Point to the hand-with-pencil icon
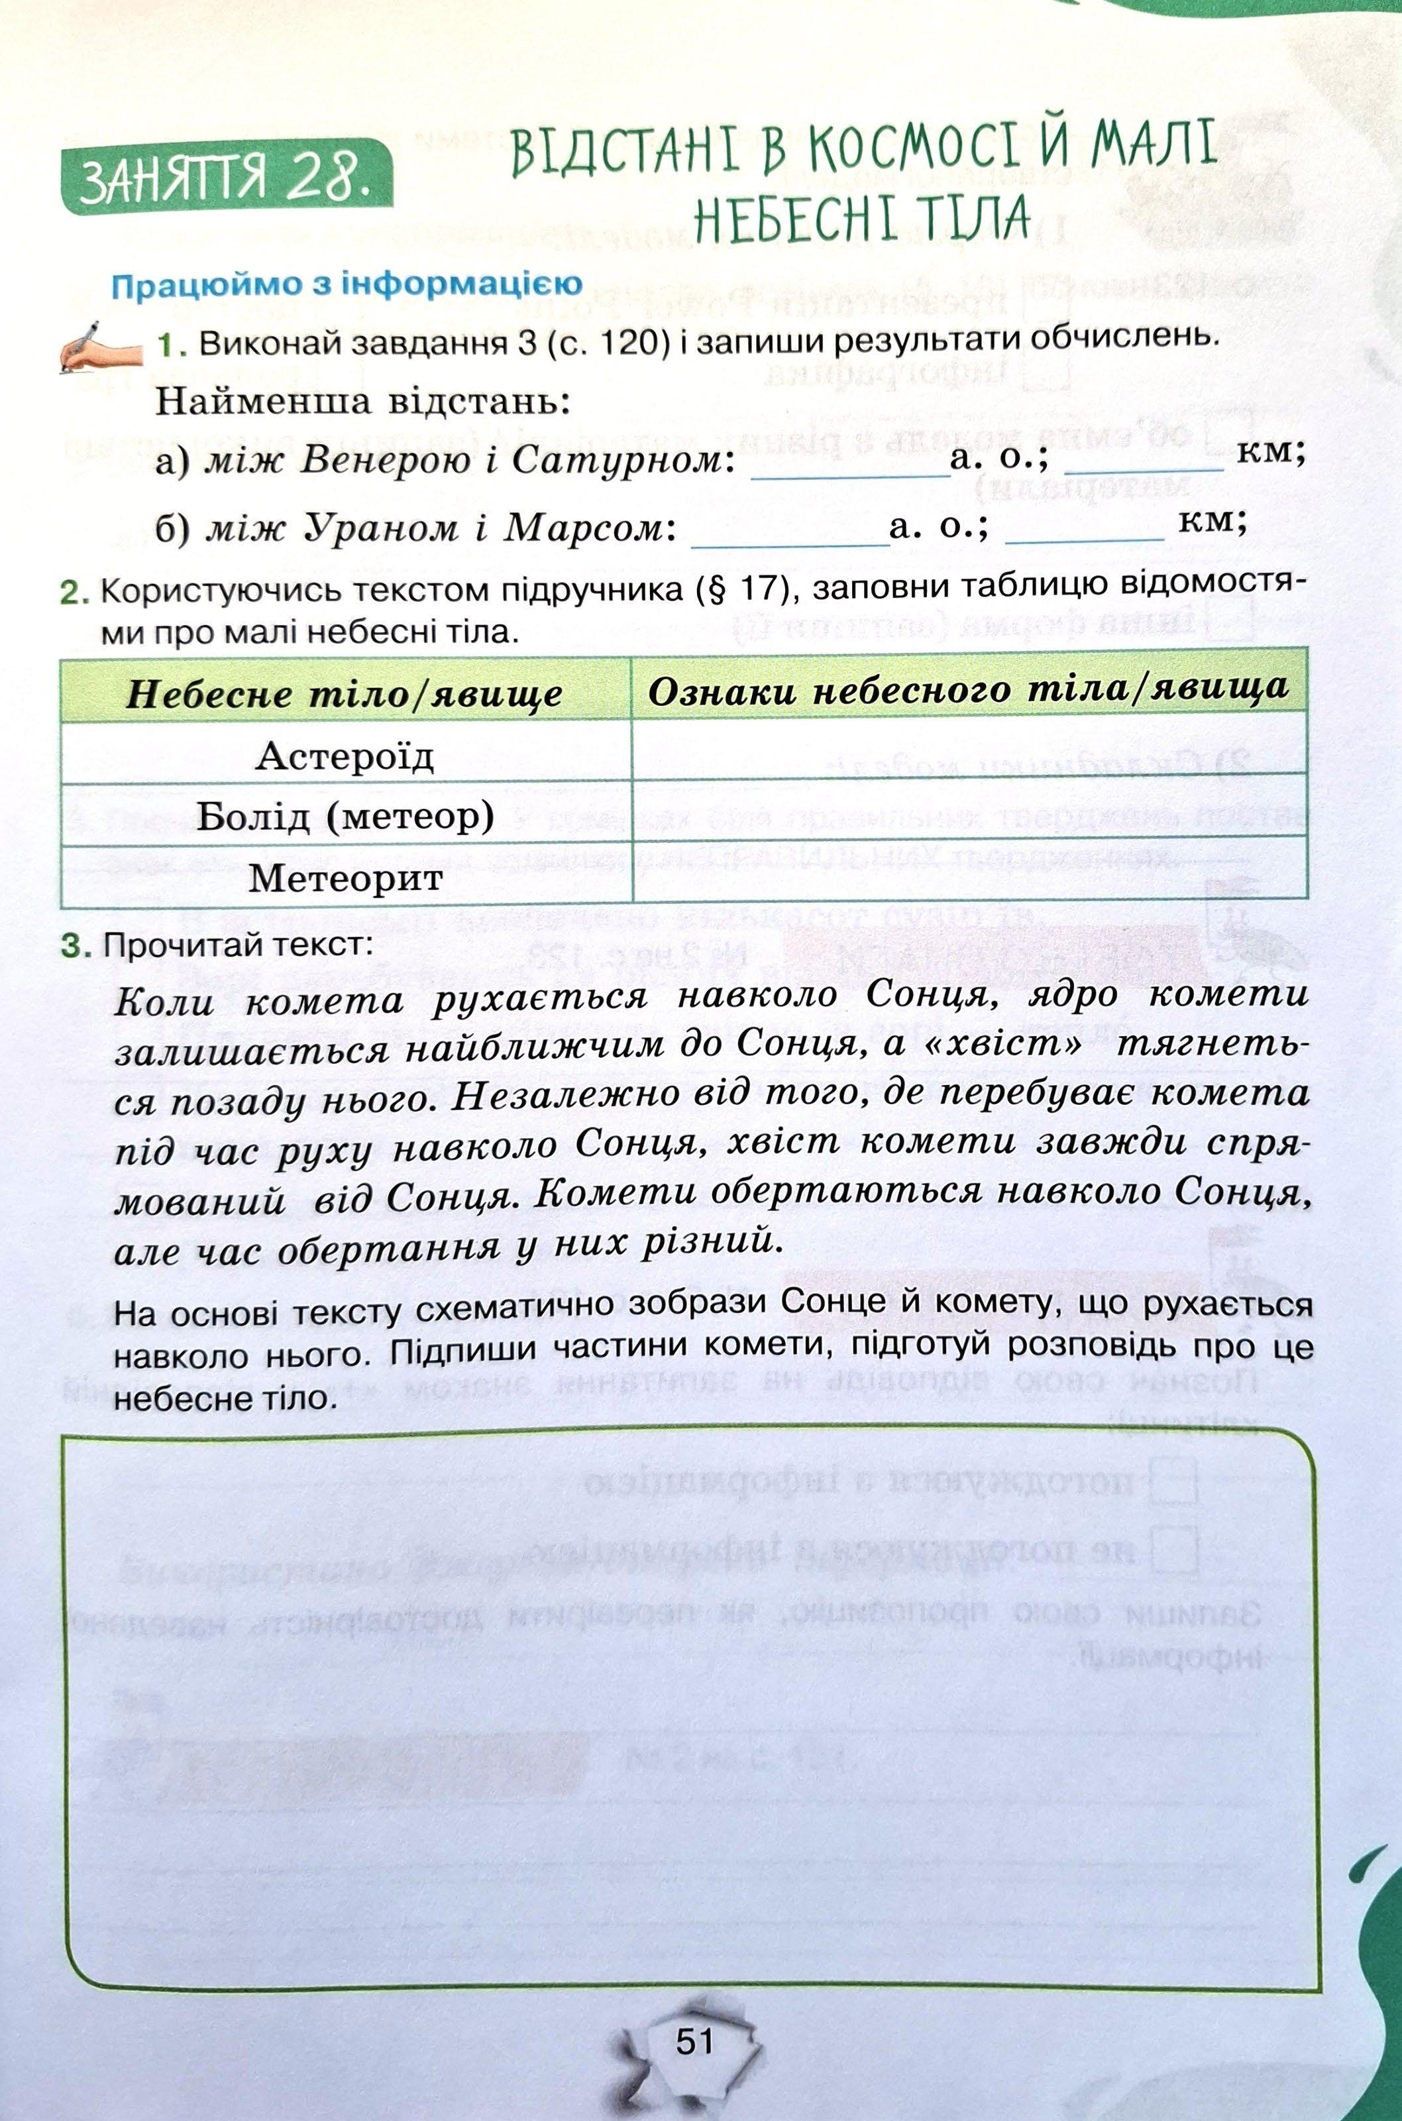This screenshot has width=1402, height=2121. pos(100,345)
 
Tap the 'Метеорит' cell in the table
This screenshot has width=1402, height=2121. pos(345,877)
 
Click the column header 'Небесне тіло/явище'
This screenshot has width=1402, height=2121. pos(345,695)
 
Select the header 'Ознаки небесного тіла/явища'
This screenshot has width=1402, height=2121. pos(968,689)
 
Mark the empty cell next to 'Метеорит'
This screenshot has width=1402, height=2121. pos(968,870)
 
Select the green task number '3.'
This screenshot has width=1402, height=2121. pos(76,946)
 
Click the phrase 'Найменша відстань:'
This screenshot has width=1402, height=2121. pos(362,402)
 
